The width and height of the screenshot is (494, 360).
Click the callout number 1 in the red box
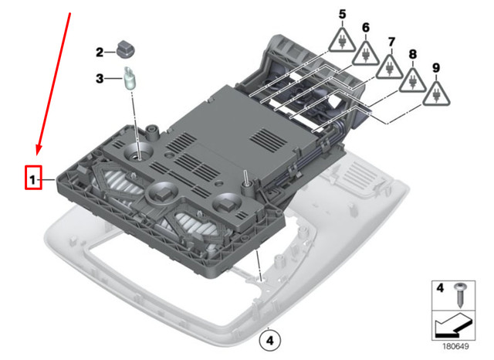click(32, 180)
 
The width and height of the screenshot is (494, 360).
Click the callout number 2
click(100, 53)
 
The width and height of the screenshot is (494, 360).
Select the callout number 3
click(100, 78)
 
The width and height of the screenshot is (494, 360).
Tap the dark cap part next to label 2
click(126, 49)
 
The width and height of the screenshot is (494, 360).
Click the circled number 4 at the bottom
click(268, 338)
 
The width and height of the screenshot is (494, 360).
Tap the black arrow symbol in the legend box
click(451, 327)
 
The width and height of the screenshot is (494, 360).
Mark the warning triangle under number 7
click(390, 67)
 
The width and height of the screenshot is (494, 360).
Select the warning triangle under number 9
click(438, 94)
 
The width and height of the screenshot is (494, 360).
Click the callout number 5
click(342, 14)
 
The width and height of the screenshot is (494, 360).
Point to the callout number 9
click(437, 69)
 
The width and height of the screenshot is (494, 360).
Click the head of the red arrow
click(37, 153)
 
